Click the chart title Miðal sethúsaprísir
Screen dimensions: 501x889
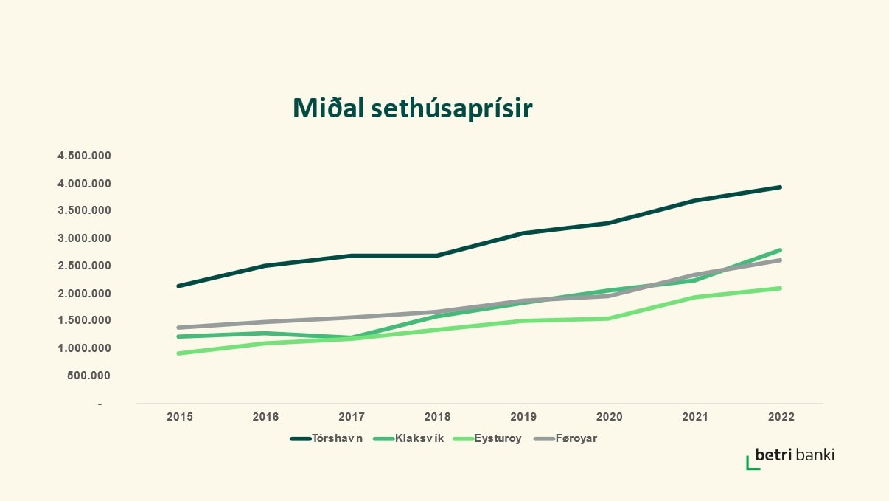tap(412, 108)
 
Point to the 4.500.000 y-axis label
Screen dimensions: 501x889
tap(84, 156)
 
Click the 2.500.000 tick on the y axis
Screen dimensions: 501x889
tap(84, 266)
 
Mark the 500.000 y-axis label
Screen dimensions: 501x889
tap(88, 376)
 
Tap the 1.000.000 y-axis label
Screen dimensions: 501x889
tap(84, 348)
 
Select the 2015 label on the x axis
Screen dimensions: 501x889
tap(180, 417)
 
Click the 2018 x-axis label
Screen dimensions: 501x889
tap(437, 417)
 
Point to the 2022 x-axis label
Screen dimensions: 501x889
tap(781, 417)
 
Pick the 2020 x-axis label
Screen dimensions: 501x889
tap(609, 417)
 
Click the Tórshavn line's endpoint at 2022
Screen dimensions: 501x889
tap(780, 187)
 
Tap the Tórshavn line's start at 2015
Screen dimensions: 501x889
tap(179, 286)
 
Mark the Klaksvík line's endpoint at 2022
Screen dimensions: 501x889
tap(780, 250)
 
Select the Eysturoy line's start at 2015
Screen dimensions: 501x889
tap(179, 353)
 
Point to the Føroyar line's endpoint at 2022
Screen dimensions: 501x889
tap(780, 260)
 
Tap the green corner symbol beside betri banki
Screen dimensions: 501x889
tap(752, 463)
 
